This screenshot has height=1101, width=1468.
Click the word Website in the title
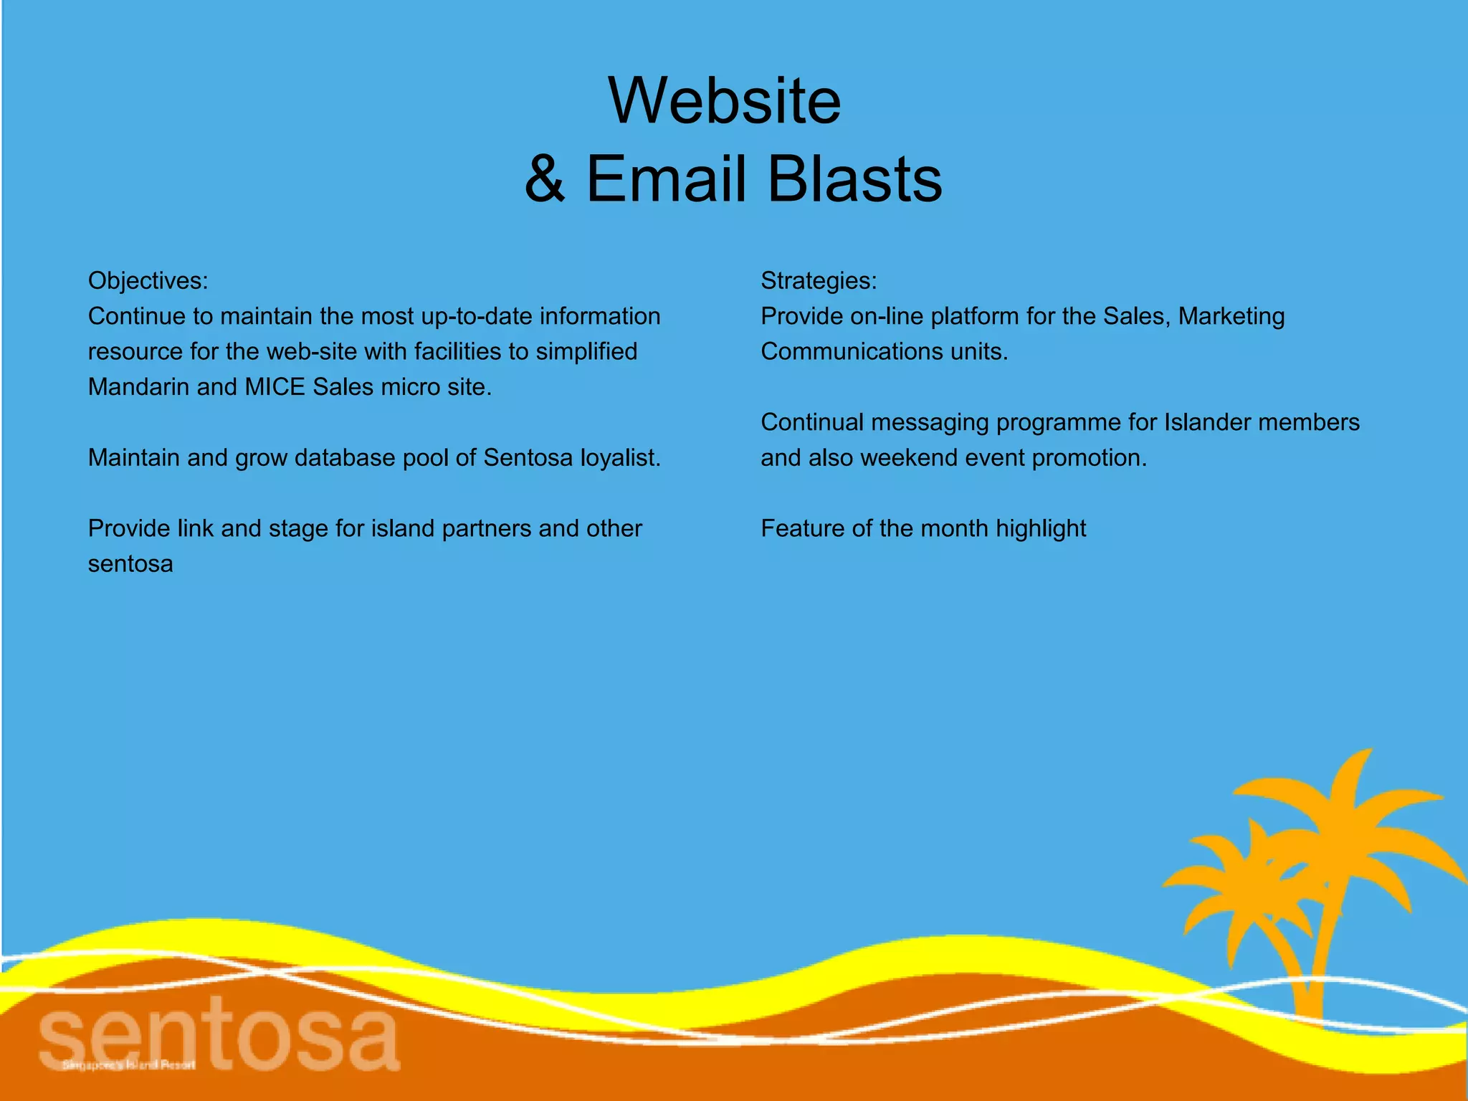tap(725, 101)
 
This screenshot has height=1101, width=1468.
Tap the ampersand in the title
tap(545, 179)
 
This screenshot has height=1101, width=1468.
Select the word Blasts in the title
tap(854, 179)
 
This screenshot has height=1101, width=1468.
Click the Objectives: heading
tap(148, 280)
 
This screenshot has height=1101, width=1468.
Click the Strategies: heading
tap(819, 280)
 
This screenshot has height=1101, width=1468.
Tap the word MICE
tap(275, 387)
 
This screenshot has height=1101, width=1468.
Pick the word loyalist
tap(620, 457)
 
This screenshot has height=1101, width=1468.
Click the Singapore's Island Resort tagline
tap(129, 1065)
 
